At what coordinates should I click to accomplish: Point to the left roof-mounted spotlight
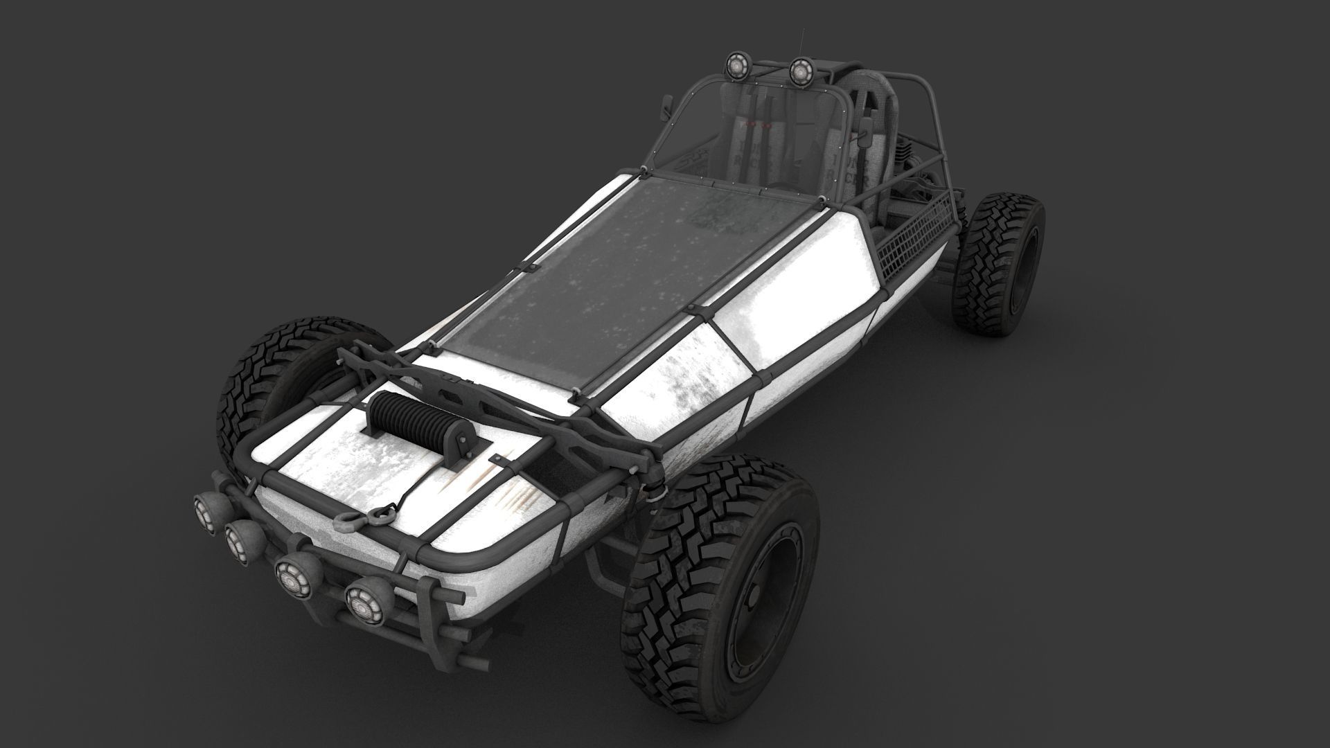point(736,64)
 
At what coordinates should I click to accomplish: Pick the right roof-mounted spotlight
point(800,69)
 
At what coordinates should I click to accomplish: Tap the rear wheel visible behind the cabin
point(997,263)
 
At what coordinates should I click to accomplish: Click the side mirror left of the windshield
point(669,105)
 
